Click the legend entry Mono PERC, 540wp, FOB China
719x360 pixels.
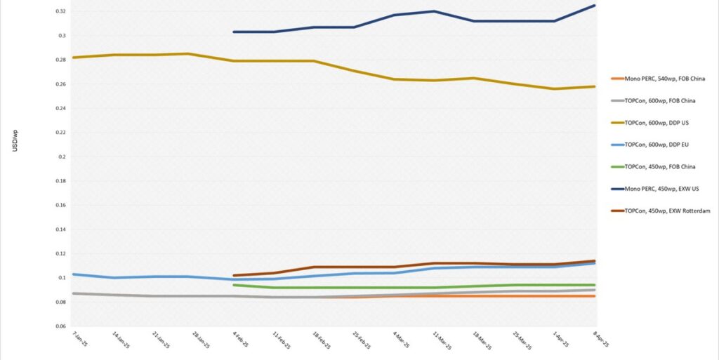660,78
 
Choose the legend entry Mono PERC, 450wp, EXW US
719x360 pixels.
657,189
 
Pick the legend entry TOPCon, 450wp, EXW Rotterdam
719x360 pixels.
663,211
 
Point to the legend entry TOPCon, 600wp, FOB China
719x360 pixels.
656,100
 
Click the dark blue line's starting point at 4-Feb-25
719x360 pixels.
234,32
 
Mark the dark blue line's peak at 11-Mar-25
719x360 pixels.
434,11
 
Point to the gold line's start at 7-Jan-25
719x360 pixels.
74,58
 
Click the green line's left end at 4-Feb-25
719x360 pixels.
234,285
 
